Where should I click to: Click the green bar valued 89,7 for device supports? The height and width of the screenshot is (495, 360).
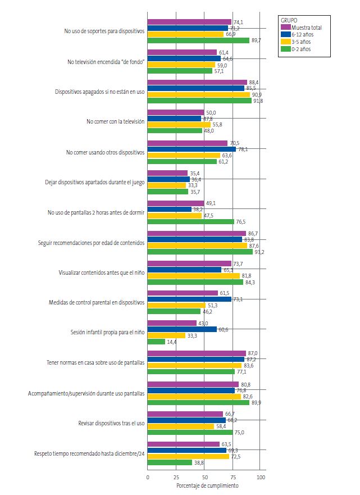198,40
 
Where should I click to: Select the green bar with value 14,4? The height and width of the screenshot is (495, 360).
156,342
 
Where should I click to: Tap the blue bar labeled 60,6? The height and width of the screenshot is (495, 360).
182,329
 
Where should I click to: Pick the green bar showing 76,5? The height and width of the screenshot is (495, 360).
191,221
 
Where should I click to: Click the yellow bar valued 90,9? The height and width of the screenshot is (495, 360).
199,94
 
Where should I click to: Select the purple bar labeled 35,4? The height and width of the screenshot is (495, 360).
167,173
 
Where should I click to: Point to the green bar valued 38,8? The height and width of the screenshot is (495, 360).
170,462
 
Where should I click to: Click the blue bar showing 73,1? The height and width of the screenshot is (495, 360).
189,299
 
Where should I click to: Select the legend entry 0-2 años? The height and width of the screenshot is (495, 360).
301,49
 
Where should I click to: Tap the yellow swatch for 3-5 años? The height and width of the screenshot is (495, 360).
286,42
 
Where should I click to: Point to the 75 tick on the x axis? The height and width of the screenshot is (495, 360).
233,477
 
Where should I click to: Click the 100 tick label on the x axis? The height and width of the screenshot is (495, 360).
261,477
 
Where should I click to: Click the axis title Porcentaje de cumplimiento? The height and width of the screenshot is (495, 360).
207,485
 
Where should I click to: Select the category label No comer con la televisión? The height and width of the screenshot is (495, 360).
115,121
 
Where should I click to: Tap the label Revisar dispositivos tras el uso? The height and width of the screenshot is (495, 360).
108,423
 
